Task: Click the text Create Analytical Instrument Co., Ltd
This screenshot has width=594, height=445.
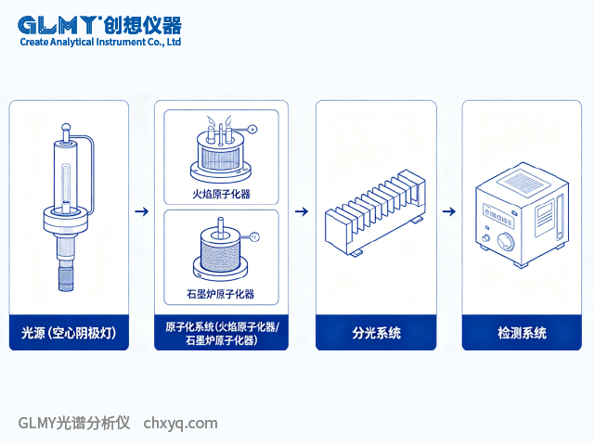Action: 99,43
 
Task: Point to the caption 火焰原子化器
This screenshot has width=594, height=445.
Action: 221,195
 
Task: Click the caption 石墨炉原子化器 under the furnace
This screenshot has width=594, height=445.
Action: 221,295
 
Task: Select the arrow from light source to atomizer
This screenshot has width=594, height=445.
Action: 141,211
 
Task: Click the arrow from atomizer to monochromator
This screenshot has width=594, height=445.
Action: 302,211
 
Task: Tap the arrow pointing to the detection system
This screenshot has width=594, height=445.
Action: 448,211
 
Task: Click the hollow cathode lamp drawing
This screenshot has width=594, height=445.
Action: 66,209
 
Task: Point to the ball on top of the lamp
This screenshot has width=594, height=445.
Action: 65,126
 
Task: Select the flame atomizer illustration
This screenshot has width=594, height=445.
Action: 221,148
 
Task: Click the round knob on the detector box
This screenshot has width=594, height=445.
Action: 507,243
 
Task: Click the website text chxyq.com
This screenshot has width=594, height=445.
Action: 181,424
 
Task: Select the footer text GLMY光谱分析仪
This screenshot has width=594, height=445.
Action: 75,424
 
